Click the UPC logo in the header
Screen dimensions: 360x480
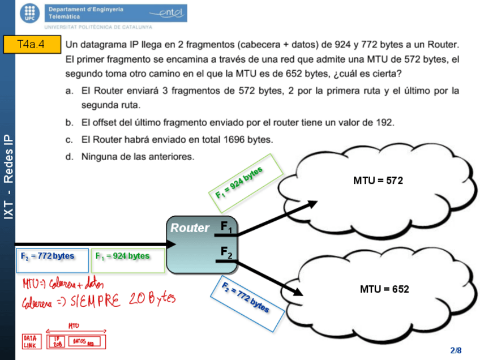31,12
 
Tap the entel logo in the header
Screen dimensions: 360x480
165,13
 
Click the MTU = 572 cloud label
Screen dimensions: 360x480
378,181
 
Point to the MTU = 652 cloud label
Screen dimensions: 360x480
384,289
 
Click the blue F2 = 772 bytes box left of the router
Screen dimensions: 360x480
52,260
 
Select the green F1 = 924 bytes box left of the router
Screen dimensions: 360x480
127,260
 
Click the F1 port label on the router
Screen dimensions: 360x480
226,228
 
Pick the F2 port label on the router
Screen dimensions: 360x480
226,252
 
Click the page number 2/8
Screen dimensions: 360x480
456,350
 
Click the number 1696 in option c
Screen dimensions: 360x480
234,140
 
